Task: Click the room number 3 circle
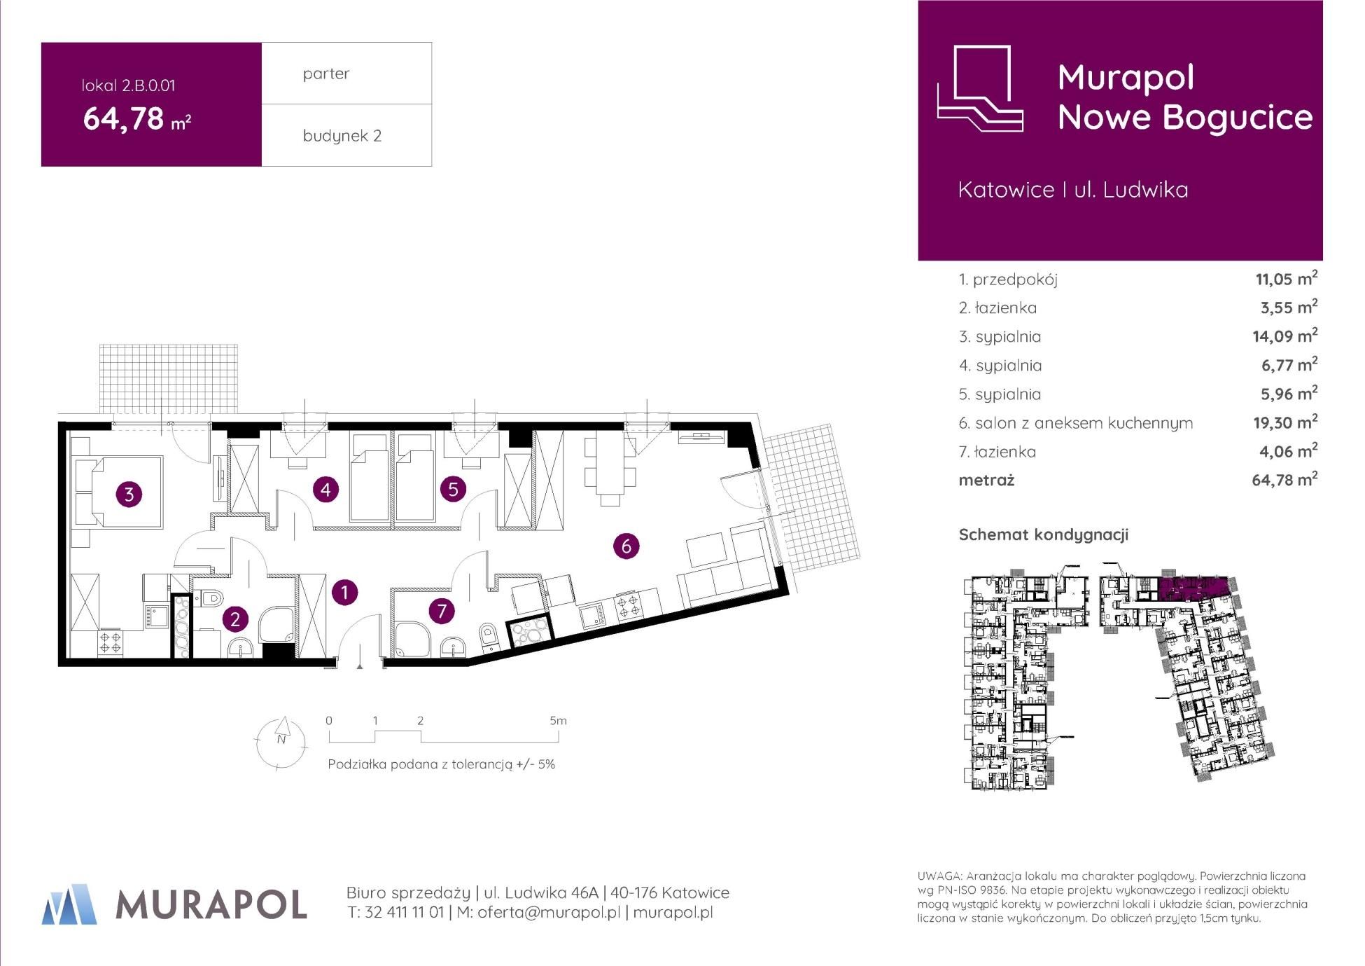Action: pos(129,495)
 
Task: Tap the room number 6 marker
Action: pos(626,546)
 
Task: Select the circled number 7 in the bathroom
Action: pos(442,611)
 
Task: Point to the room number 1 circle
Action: pos(344,593)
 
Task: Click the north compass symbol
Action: pos(281,743)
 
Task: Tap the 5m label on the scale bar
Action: pos(558,720)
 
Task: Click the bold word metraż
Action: pos(986,481)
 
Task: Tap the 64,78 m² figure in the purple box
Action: pos(137,118)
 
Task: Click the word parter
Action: pos(326,74)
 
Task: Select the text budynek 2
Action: pos(342,136)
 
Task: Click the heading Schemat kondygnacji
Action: pos(1044,535)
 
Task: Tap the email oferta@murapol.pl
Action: pos(549,913)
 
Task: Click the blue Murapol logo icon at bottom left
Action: pos(69,904)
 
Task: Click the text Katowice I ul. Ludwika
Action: pos(1073,190)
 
